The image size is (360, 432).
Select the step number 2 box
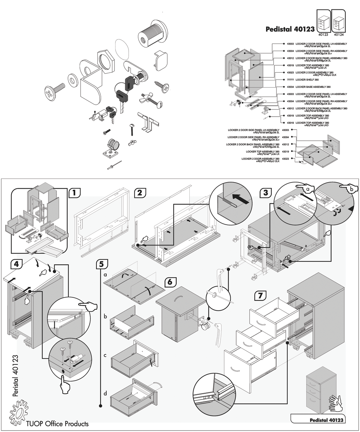click(x=139, y=193)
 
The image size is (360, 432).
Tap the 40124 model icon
click(x=338, y=22)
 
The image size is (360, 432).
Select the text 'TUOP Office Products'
click(x=57, y=424)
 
